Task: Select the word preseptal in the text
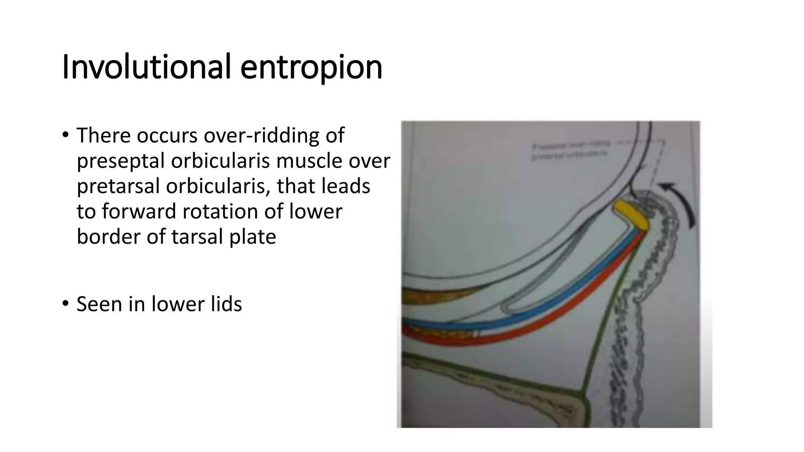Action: [120, 161]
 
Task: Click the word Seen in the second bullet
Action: [99, 304]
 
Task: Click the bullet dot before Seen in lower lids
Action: [65, 303]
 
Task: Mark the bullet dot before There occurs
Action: [65, 135]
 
